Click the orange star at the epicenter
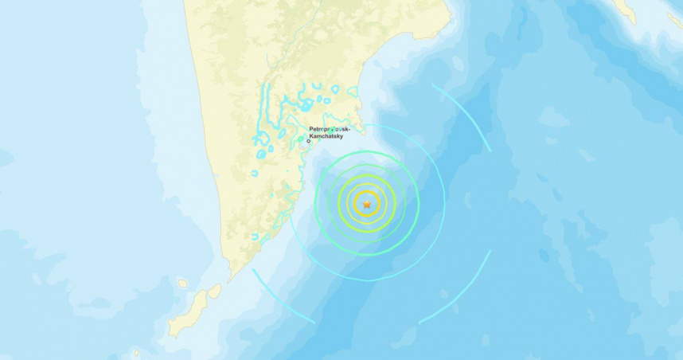(x=366, y=205)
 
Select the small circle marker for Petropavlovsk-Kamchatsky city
(x=309, y=142)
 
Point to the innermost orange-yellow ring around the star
(x=366, y=193)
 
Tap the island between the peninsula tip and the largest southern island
(x=213, y=292)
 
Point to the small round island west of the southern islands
(x=182, y=283)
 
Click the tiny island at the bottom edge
(x=135, y=352)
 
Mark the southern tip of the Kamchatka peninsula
(x=231, y=277)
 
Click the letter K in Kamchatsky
(x=310, y=137)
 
